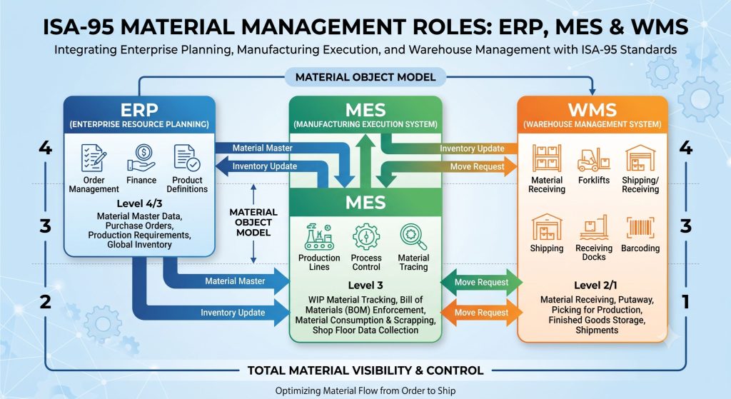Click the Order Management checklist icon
(x=94, y=158)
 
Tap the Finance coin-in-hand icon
(x=141, y=158)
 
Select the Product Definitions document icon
(x=186, y=158)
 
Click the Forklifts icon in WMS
(x=593, y=159)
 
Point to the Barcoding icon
(x=640, y=228)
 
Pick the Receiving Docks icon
(x=593, y=228)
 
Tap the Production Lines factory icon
(x=319, y=237)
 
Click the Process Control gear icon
(x=366, y=237)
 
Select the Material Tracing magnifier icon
(x=413, y=237)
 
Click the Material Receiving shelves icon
(x=547, y=158)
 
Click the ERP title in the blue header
(x=139, y=110)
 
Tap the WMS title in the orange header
(x=592, y=110)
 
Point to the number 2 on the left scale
(x=45, y=302)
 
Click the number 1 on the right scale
(x=685, y=302)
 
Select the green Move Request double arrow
(x=482, y=282)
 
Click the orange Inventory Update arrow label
(x=472, y=148)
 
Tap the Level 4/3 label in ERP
(x=139, y=203)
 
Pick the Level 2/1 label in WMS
(x=596, y=286)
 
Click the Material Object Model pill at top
(x=365, y=77)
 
